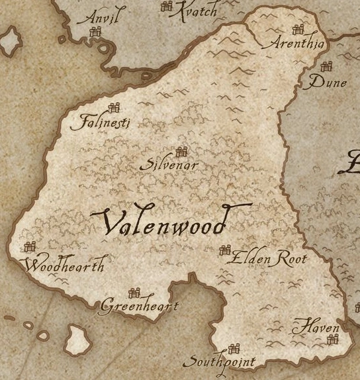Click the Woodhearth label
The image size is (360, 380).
click(64, 266)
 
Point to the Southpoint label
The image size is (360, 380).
click(218, 362)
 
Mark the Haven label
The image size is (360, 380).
click(316, 327)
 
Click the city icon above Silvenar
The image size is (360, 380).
click(182, 152)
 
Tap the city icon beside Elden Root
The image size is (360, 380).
click(225, 250)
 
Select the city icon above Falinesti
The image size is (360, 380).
click(114, 108)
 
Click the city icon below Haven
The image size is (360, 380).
click(332, 340)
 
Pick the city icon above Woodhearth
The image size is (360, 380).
click(29, 247)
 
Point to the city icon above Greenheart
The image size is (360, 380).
click(136, 292)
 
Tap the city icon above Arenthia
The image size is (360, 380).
click(298, 29)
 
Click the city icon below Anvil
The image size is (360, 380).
click(97, 31)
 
